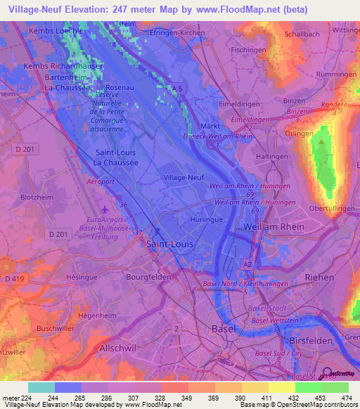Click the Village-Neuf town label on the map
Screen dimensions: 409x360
[x=184, y=178]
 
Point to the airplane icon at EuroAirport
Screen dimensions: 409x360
[x=105, y=209]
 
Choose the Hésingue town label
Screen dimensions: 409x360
[x=82, y=278]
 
